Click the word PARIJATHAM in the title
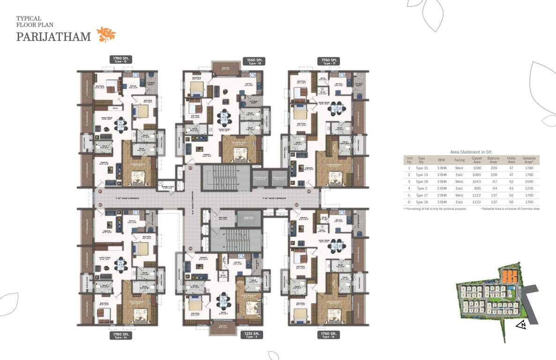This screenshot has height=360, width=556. (54, 37)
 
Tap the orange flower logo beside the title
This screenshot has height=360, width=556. (106, 35)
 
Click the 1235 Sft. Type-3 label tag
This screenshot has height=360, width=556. (252, 335)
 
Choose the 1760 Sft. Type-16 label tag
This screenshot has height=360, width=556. (327, 335)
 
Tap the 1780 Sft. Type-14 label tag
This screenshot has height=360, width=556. (121, 335)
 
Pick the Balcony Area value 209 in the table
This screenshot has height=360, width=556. (493, 167)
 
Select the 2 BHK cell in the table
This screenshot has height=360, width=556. (442, 188)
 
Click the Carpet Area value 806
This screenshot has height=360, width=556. (477, 188)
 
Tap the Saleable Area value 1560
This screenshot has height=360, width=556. (529, 181)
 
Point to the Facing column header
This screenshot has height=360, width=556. (459, 160)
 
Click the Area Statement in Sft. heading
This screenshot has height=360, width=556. (471, 152)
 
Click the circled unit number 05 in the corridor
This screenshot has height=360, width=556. (309, 191)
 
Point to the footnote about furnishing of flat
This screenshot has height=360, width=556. (435, 209)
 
